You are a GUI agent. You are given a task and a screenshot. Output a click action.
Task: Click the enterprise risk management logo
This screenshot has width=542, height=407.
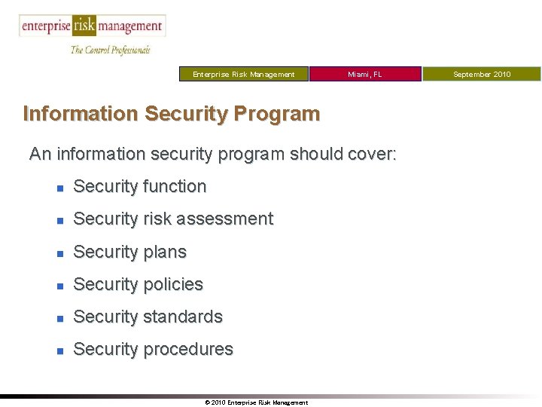(x=92, y=26)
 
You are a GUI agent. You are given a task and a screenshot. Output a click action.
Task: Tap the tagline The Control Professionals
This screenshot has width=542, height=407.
(x=110, y=50)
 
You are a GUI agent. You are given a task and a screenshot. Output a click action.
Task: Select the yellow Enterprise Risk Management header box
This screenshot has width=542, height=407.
(x=244, y=74)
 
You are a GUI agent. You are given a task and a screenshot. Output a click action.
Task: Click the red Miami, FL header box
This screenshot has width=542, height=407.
(x=365, y=74)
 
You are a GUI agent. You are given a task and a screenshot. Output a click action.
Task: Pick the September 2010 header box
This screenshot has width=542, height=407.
(x=482, y=74)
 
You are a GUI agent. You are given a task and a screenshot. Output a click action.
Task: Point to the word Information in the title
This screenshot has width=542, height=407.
(x=81, y=114)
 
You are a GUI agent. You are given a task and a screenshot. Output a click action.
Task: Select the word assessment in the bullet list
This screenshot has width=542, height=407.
(x=229, y=219)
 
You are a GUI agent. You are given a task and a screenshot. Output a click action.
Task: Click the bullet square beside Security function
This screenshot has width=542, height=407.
(x=59, y=188)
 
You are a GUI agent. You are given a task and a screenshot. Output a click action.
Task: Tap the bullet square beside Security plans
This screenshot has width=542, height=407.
(x=59, y=253)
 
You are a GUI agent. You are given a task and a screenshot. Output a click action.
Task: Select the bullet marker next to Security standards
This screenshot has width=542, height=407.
(x=59, y=318)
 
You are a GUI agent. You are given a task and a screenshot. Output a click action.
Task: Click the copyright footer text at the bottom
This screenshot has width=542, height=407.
(x=256, y=402)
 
